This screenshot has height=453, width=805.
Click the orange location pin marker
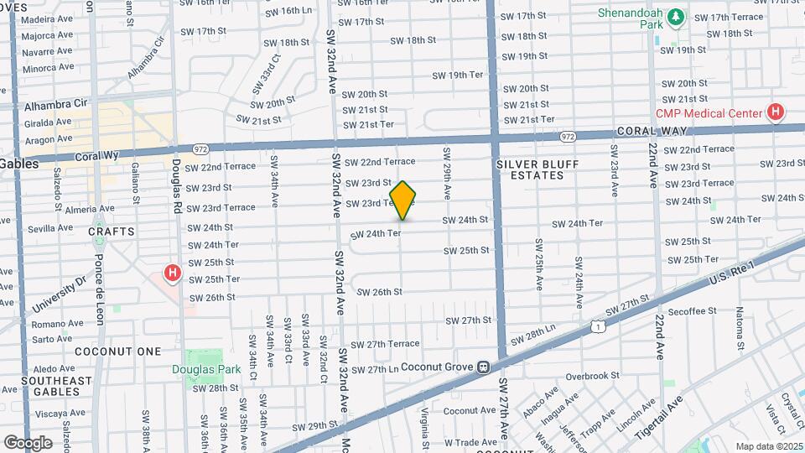click(403, 200)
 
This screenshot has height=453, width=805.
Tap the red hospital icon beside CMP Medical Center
click(776, 112)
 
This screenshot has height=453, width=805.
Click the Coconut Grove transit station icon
click(484, 367)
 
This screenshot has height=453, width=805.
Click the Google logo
click(27, 442)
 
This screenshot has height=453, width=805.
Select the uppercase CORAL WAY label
click(652, 132)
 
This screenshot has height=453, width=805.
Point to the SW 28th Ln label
click(538, 336)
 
